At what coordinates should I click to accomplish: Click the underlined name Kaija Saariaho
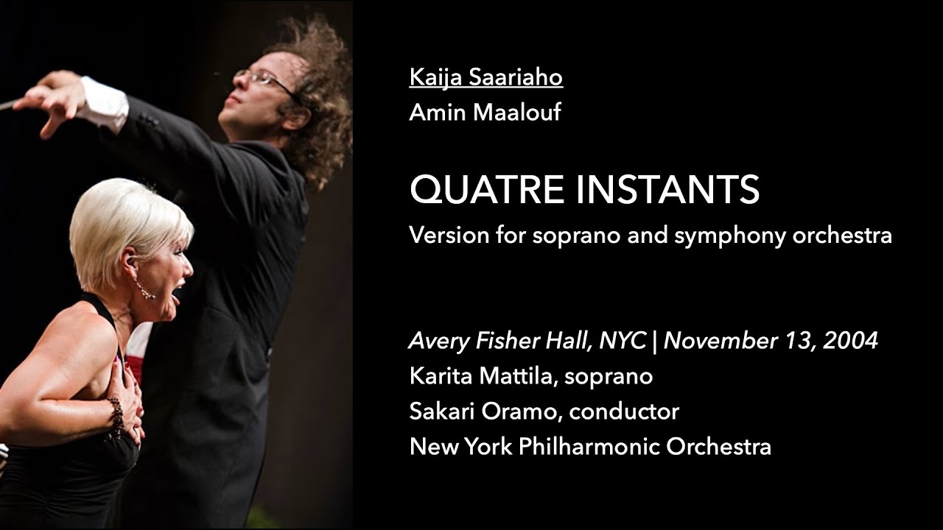click(x=485, y=77)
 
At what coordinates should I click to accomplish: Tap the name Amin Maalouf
click(x=485, y=113)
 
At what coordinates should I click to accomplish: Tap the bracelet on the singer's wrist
click(x=116, y=416)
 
